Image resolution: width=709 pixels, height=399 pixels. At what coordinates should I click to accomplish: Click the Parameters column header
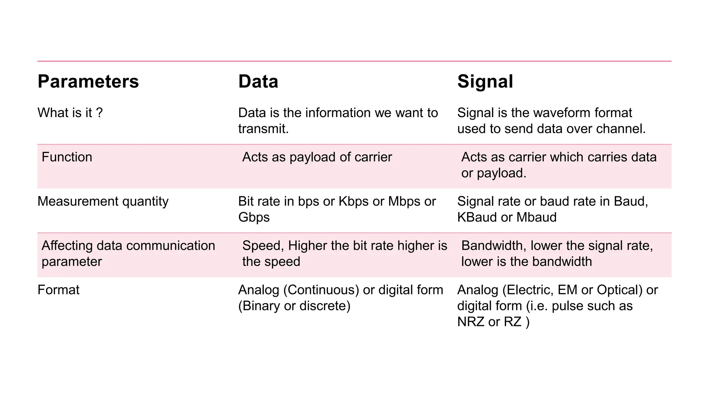click(88, 82)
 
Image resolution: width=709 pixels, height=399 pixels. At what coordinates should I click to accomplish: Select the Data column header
click(258, 82)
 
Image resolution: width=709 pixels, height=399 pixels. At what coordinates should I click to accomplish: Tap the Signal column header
click(485, 82)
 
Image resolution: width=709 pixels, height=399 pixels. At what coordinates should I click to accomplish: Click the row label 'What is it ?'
click(70, 113)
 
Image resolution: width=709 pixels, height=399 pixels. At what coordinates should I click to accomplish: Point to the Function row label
click(67, 157)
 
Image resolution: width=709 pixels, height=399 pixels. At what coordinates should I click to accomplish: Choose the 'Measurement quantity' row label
click(103, 202)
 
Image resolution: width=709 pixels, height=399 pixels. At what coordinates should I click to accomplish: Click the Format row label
click(58, 290)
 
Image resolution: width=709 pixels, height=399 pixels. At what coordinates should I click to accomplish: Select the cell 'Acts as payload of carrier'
click(317, 157)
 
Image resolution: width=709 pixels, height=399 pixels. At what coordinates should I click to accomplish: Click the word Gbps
click(254, 218)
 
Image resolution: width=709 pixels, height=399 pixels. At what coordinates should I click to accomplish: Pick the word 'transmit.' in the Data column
click(263, 129)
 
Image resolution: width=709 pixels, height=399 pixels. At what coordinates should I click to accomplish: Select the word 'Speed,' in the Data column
click(263, 246)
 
